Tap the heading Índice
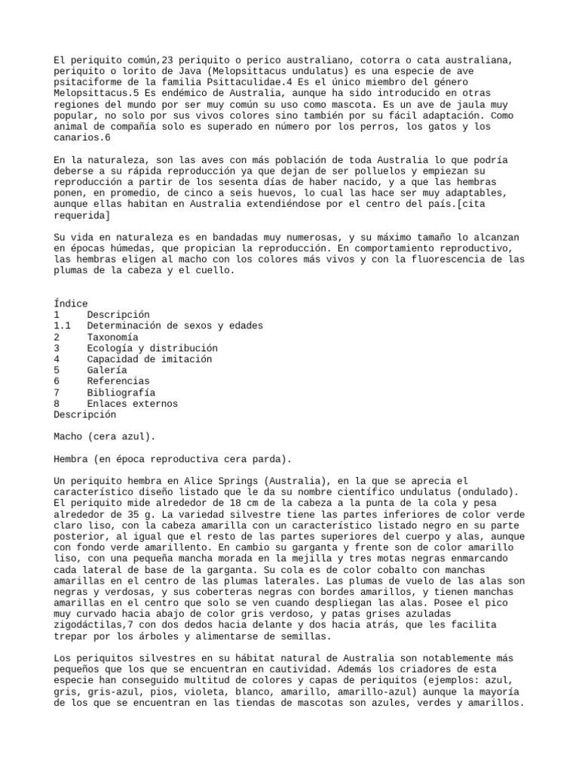(x=71, y=303)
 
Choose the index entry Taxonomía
(x=112, y=337)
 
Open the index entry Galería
(x=107, y=371)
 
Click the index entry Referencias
(x=118, y=382)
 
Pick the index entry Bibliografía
(x=121, y=393)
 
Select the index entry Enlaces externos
(x=131, y=404)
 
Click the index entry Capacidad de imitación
(x=149, y=359)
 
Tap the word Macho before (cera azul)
(x=69, y=437)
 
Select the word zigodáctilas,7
(x=93, y=614)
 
